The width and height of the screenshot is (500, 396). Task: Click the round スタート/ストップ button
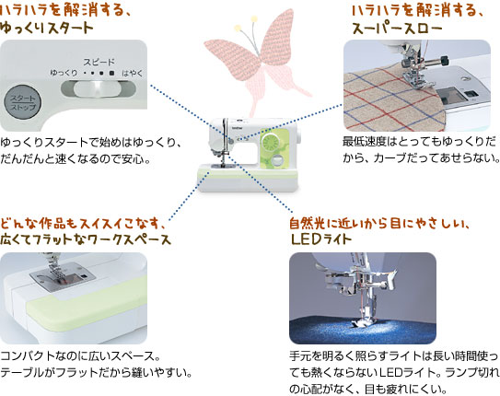[22, 102]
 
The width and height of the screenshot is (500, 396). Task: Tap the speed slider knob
[96, 88]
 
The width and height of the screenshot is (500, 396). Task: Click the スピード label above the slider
[99, 62]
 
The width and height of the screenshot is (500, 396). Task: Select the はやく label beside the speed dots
[133, 74]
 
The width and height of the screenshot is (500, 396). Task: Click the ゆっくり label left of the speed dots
[64, 73]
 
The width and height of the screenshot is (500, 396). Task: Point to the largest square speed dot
[111, 73]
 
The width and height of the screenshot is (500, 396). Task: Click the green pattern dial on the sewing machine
[270, 142]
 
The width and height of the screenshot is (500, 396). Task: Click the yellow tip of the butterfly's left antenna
[237, 28]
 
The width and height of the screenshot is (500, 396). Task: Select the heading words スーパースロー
[397, 29]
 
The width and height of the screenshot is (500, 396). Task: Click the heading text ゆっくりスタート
[47, 28]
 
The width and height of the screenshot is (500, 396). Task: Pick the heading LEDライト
[321, 239]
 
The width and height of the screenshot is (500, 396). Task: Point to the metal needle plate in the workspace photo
[63, 275]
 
